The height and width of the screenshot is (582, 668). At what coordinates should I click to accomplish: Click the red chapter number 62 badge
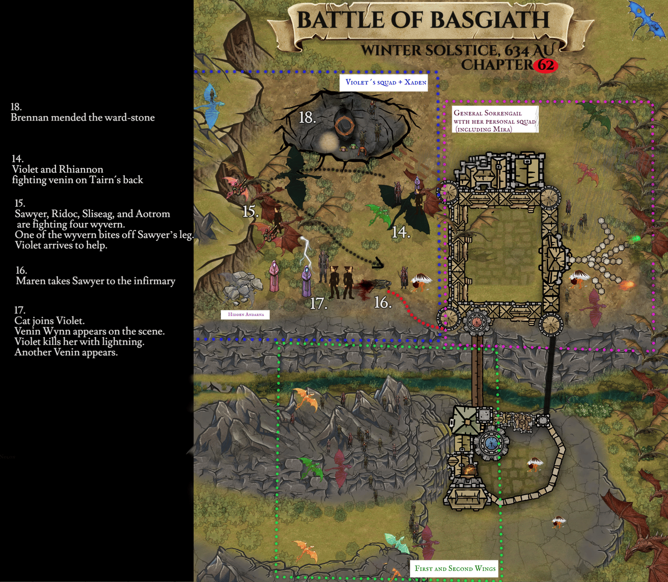tap(545, 66)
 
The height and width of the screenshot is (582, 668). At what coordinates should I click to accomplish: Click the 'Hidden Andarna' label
tap(246, 314)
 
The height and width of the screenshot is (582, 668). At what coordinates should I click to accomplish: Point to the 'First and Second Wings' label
tap(455, 568)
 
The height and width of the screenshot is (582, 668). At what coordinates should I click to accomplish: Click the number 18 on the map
tap(307, 118)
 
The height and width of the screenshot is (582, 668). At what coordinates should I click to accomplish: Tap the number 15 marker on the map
tap(250, 212)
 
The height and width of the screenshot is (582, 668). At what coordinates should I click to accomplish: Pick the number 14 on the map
tap(400, 232)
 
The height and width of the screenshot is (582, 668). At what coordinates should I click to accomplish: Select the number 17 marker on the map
tap(318, 303)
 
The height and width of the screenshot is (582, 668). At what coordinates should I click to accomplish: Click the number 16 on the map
tap(383, 303)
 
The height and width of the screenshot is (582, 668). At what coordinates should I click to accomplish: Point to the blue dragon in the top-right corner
tap(647, 19)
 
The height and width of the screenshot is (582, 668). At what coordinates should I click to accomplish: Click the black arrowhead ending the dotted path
tap(378, 264)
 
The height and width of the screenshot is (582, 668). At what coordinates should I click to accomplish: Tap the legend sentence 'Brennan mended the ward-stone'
tap(83, 118)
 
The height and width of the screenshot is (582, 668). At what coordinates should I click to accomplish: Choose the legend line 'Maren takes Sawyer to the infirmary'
tap(96, 281)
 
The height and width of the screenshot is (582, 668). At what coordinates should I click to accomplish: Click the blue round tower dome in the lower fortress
tap(491, 443)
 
